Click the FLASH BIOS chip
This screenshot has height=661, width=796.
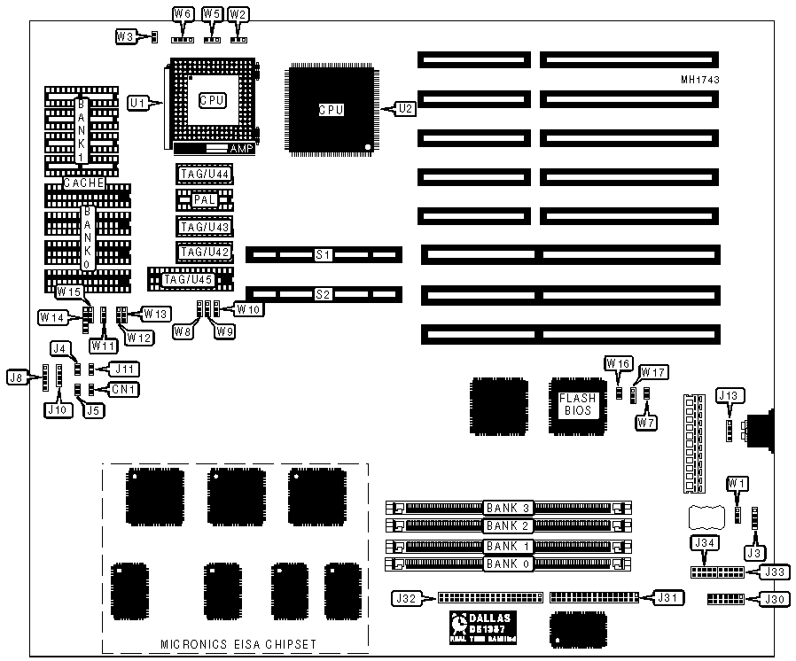tap(578, 405)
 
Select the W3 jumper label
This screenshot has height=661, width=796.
tap(126, 36)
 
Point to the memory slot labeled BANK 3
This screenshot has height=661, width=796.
tap(509, 509)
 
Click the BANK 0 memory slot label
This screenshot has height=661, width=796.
tap(508, 564)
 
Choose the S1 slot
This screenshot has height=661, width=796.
tap(323, 255)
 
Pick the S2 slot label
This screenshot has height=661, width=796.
tap(323, 292)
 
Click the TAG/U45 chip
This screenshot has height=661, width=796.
tap(187, 280)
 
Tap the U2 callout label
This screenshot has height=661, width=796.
tap(404, 109)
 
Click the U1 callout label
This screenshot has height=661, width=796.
tap(137, 104)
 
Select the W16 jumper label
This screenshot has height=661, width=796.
tap(618, 363)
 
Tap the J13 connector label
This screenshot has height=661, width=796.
tap(729, 395)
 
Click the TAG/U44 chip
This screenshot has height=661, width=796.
tap(205, 174)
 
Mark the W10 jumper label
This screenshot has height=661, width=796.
tap(246, 309)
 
